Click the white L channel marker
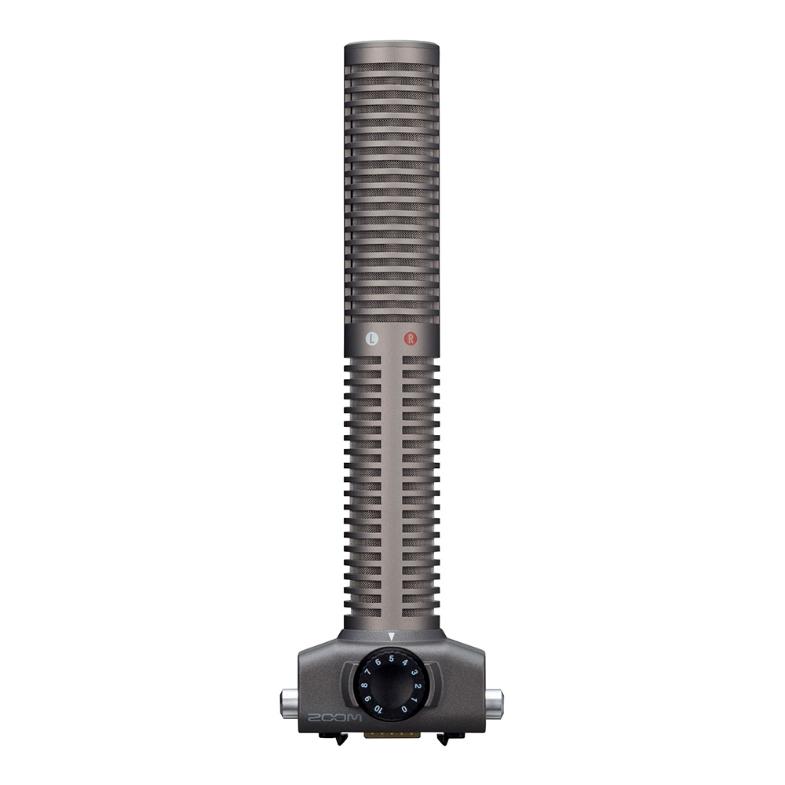pos(373,339)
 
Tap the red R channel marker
pos(411,339)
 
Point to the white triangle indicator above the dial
pos(391,637)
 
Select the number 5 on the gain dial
pos(391,659)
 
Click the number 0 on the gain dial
pos(404,709)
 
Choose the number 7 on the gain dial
pos(367,673)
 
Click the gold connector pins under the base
pos(391,736)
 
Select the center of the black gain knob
pos(391,685)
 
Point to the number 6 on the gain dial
pos(378,663)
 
